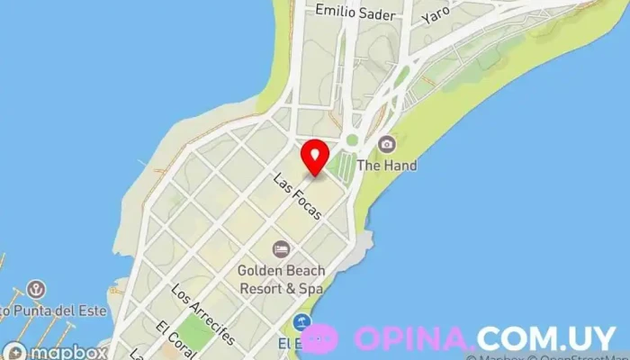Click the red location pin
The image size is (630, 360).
pyautogui.click(x=314, y=157)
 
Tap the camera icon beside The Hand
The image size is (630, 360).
pyautogui.click(x=386, y=144)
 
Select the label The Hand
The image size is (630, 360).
pyautogui.click(x=387, y=166)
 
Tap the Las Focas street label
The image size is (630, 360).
pyautogui.click(x=298, y=196)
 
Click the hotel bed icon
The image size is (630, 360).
pyautogui.click(x=282, y=248)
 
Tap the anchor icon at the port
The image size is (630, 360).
pyautogui.click(x=36, y=290)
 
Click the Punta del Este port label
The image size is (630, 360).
pyautogui.click(x=54, y=311)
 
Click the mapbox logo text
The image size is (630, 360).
pyautogui.click(x=71, y=352)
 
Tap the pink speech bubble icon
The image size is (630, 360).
pyautogui.click(x=319, y=338)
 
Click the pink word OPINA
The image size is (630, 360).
pyautogui.click(x=412, y=338)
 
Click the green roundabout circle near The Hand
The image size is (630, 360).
pyautogui.click(x=353, y=140)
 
